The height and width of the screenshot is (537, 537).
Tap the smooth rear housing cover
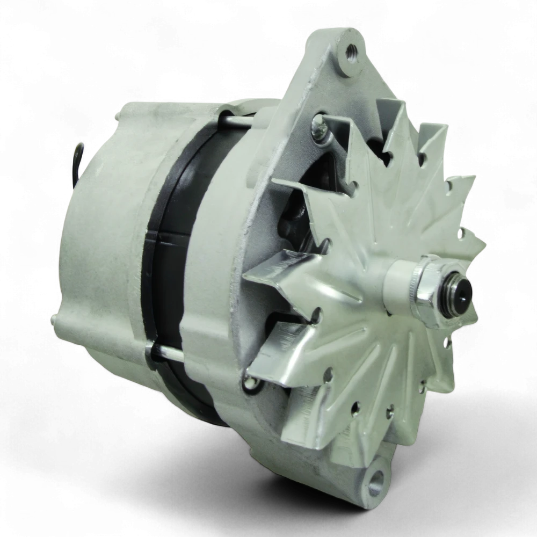point(102,242)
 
